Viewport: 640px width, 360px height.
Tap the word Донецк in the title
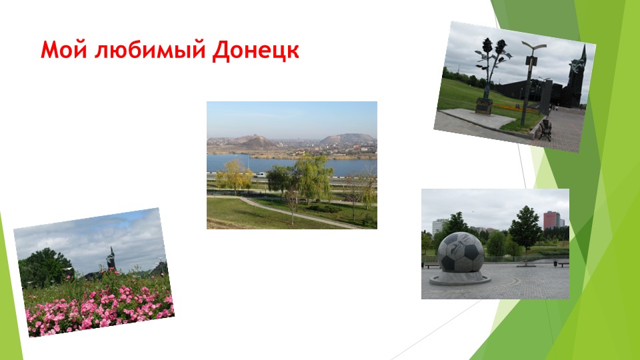coord(255,51)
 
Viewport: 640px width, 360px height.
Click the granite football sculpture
coord(461,253)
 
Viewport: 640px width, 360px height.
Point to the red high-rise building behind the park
coord(551,221)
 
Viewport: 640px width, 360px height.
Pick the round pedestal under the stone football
coord(460,277)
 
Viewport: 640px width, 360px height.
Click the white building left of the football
coord(440,227)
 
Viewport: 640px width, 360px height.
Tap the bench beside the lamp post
coord(545,129)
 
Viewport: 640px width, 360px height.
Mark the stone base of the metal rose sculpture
coord(483,106)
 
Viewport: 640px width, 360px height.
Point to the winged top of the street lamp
coord(533,45)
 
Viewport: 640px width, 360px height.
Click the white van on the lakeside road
coord(261,175)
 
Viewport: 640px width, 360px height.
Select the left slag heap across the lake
coord(252,141)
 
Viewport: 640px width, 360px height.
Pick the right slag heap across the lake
coord(345,139)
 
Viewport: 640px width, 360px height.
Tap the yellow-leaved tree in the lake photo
coord(234,175)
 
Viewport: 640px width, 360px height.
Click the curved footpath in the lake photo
coord(300,213)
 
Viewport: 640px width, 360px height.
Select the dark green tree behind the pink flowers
coord(45,266)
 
